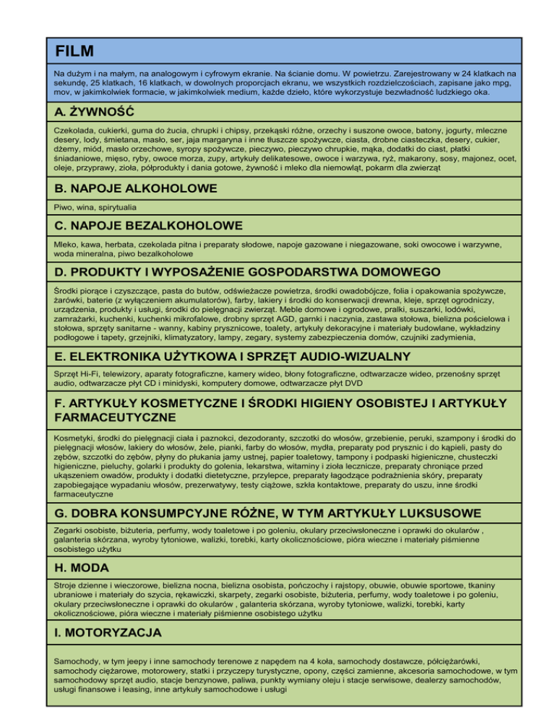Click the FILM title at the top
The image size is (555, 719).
tap(74, 51)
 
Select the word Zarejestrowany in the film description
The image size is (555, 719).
tap(401, 74)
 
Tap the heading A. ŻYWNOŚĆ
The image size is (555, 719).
tap(95, 112)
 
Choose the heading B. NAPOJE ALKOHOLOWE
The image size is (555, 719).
tap(136, 189)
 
